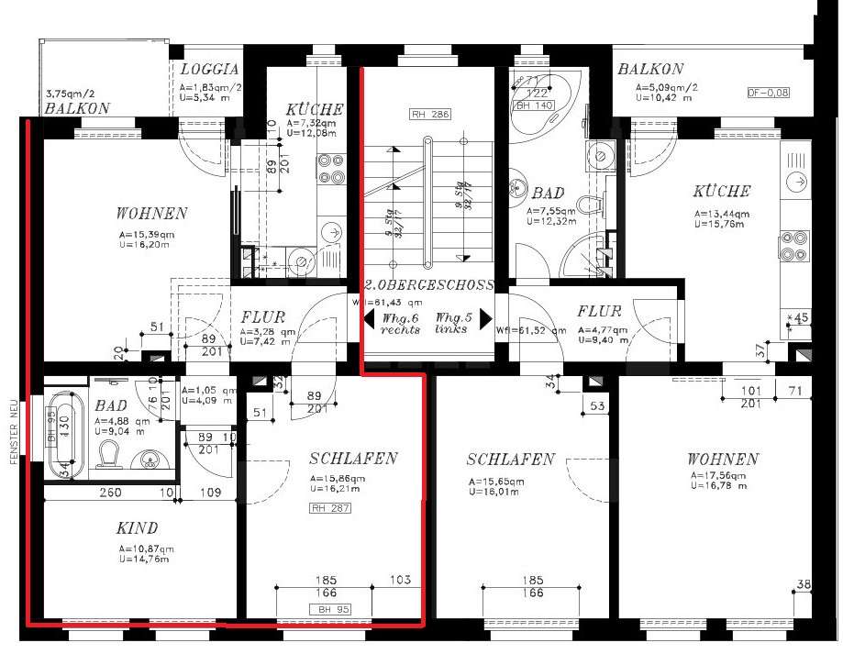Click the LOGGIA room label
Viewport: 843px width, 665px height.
[x=210, y=69]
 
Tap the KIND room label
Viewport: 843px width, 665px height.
[x=137, y=528]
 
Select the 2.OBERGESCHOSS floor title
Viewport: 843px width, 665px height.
[x=429, y=285]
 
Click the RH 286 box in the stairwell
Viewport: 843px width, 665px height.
[x=430, y=115]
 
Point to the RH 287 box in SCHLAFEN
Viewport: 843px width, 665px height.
[x=330, y=507]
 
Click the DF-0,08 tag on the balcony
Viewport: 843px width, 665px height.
[x=768, y=93]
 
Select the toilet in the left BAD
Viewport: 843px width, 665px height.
[x=109, y=456]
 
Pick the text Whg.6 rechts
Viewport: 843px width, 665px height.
[x=400, y=322]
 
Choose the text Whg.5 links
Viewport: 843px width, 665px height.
[x=451, y=322]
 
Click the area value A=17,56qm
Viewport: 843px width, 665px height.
[x=720, y=476]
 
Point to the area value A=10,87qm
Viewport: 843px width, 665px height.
[x=146, y=548]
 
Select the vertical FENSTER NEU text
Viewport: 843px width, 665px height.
[x=15, y=431]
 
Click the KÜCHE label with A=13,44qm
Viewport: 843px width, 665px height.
[x=721, y=192]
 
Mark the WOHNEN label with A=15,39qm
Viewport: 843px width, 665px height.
[x=151, y=214]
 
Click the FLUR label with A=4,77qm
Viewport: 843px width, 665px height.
[x=599, y=311]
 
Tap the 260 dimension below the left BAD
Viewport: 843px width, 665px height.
[x=111, y=493]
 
